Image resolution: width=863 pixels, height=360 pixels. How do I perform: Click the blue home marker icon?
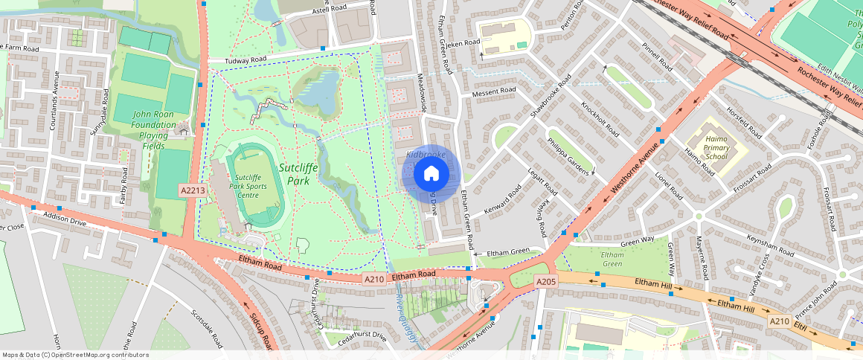click(431, 174)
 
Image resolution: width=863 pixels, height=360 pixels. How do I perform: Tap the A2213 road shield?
click(193, 191)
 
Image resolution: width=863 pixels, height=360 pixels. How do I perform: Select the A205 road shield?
click(546, 282)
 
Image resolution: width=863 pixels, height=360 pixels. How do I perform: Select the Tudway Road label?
click(226, 60)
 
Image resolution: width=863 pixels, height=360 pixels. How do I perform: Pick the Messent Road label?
click(493, 92)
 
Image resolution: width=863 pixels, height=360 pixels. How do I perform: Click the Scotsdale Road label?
click(207, 328)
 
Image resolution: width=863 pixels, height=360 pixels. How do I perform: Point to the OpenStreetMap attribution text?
click(75, 355)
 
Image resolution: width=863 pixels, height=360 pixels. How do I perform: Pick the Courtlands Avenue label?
click(54, 111)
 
